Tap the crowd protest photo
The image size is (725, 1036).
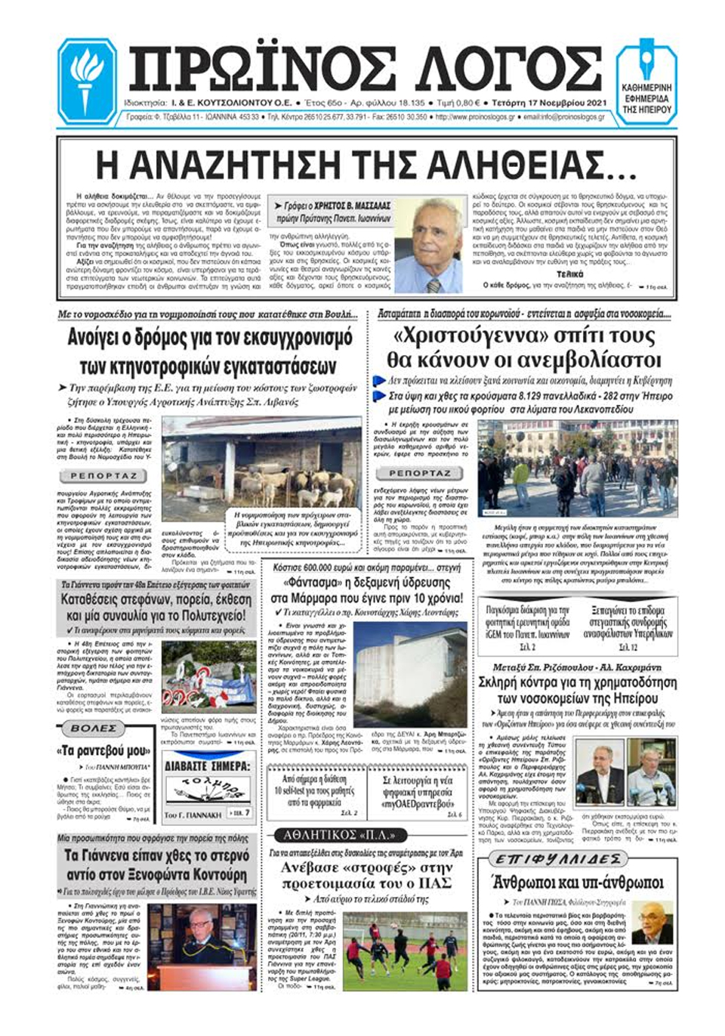578,469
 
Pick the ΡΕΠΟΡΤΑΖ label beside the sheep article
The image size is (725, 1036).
103,476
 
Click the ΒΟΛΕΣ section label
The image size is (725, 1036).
94,728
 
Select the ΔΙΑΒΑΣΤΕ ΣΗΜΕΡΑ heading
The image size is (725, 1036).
206,765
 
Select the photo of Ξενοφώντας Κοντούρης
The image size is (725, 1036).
202,947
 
